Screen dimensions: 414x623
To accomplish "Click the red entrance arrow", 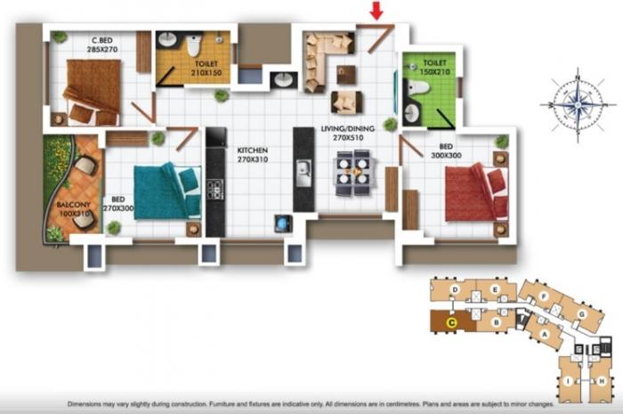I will coord(376,11).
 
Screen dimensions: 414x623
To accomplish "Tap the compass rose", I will coord(577,105).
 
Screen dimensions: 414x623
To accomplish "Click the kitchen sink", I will coord(303,169).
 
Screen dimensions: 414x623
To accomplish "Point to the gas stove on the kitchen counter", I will coord(215,189).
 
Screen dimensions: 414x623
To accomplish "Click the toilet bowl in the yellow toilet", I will coord(194,45).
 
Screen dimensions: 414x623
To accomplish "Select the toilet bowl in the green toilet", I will coord(417,88).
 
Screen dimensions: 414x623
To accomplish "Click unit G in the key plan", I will coord(585,314).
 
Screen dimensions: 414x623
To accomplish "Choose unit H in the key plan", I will coord(603,381).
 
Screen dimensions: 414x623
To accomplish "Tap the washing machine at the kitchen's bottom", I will coord(284,223).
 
